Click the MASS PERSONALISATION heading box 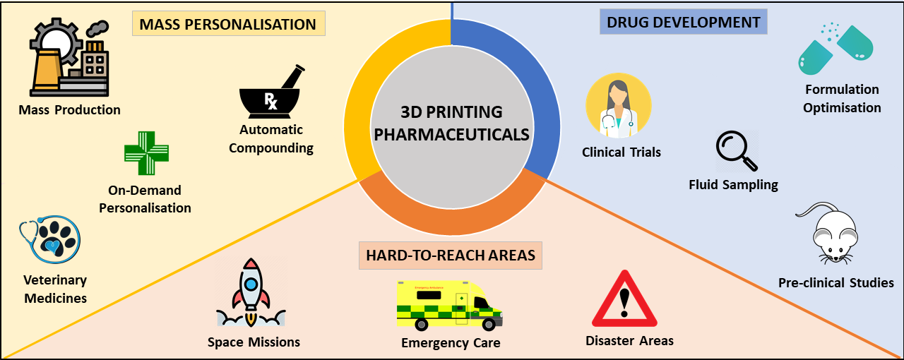[227, 25]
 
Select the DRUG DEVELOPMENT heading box [683, 23]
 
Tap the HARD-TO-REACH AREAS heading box [450, 256]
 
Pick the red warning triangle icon [624, 303]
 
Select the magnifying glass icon [737, 151]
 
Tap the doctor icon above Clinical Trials [619, 107]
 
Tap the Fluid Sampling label [733, 185]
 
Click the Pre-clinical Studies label [835, 283]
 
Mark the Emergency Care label [451, 343]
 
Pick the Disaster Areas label [629, 341]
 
